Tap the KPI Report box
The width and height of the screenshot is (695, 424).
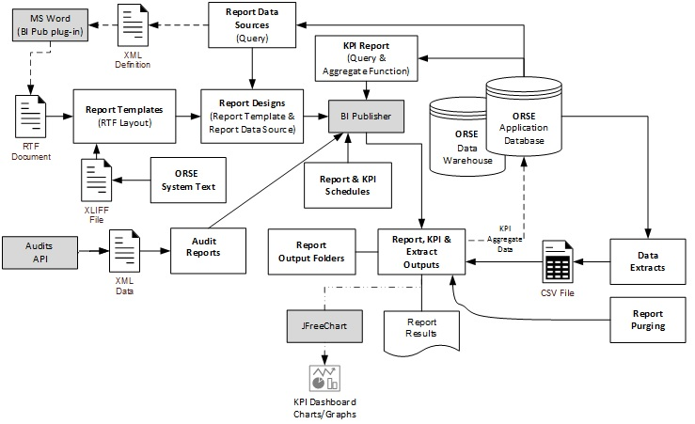(x=365, y=58)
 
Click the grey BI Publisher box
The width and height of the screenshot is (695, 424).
(x=366, y=116)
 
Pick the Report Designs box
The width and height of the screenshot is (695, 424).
(x=252, y=116)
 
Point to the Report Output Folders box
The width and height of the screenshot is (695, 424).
(x=309, y=251)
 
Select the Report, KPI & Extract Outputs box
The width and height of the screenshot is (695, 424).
(x=420, y=252)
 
